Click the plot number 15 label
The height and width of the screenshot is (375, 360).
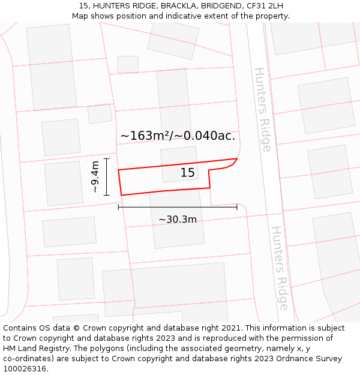188,173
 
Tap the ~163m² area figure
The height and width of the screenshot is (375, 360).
145,136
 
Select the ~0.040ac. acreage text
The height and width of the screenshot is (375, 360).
205,136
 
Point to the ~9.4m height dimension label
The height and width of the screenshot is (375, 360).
95,176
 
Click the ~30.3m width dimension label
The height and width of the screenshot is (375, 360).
178,220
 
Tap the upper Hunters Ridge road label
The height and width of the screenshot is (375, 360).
263,109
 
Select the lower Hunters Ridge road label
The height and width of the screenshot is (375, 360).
280,268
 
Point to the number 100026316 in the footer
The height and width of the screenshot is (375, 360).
26,369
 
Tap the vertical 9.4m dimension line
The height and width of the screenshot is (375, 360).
106,176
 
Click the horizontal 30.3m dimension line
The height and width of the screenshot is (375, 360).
178,207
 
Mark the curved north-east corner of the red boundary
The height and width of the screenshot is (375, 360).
235,163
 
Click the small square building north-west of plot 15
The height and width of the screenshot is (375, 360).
100,113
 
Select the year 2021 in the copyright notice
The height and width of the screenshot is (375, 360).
233,328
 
